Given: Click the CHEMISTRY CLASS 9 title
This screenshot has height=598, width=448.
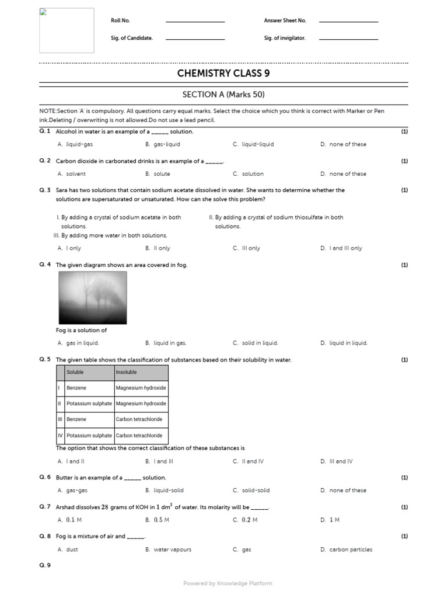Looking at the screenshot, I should tap(223, 74).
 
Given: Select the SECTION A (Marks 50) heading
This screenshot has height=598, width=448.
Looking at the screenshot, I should tap(223, 95).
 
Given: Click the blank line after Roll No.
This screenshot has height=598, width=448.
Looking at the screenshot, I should tap(195, 22).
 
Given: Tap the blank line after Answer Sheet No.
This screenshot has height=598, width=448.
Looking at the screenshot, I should tap(348, 22).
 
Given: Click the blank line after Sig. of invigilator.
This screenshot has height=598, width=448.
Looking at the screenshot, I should tap(348, 39).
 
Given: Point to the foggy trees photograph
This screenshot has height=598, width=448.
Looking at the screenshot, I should tap(93, 297).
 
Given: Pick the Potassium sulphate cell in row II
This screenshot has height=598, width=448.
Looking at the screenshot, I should tap(89, 404).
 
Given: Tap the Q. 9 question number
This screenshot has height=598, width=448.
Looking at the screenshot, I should tap(45, 565).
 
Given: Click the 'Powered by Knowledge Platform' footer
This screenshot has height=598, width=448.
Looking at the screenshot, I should tap(228, 583).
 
